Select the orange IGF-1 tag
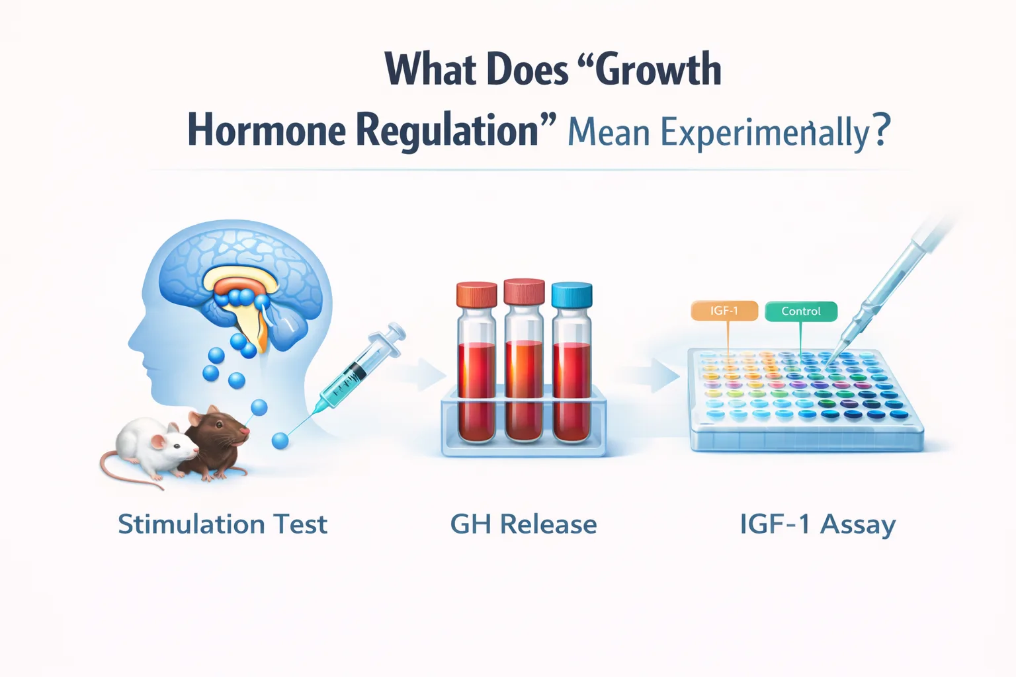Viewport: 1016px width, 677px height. [724, 311]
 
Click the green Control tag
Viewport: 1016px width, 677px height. [800, 311]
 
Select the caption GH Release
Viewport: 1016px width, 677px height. [523, 524]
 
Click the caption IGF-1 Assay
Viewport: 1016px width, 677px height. [818, 524]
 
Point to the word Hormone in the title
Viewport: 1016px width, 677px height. [267, 130]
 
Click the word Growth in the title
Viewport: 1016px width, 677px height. [658, 69]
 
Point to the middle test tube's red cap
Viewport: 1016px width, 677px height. [524, 292]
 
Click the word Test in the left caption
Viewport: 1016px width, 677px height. [300, 524]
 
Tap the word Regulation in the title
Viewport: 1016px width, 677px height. [447, 130]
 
